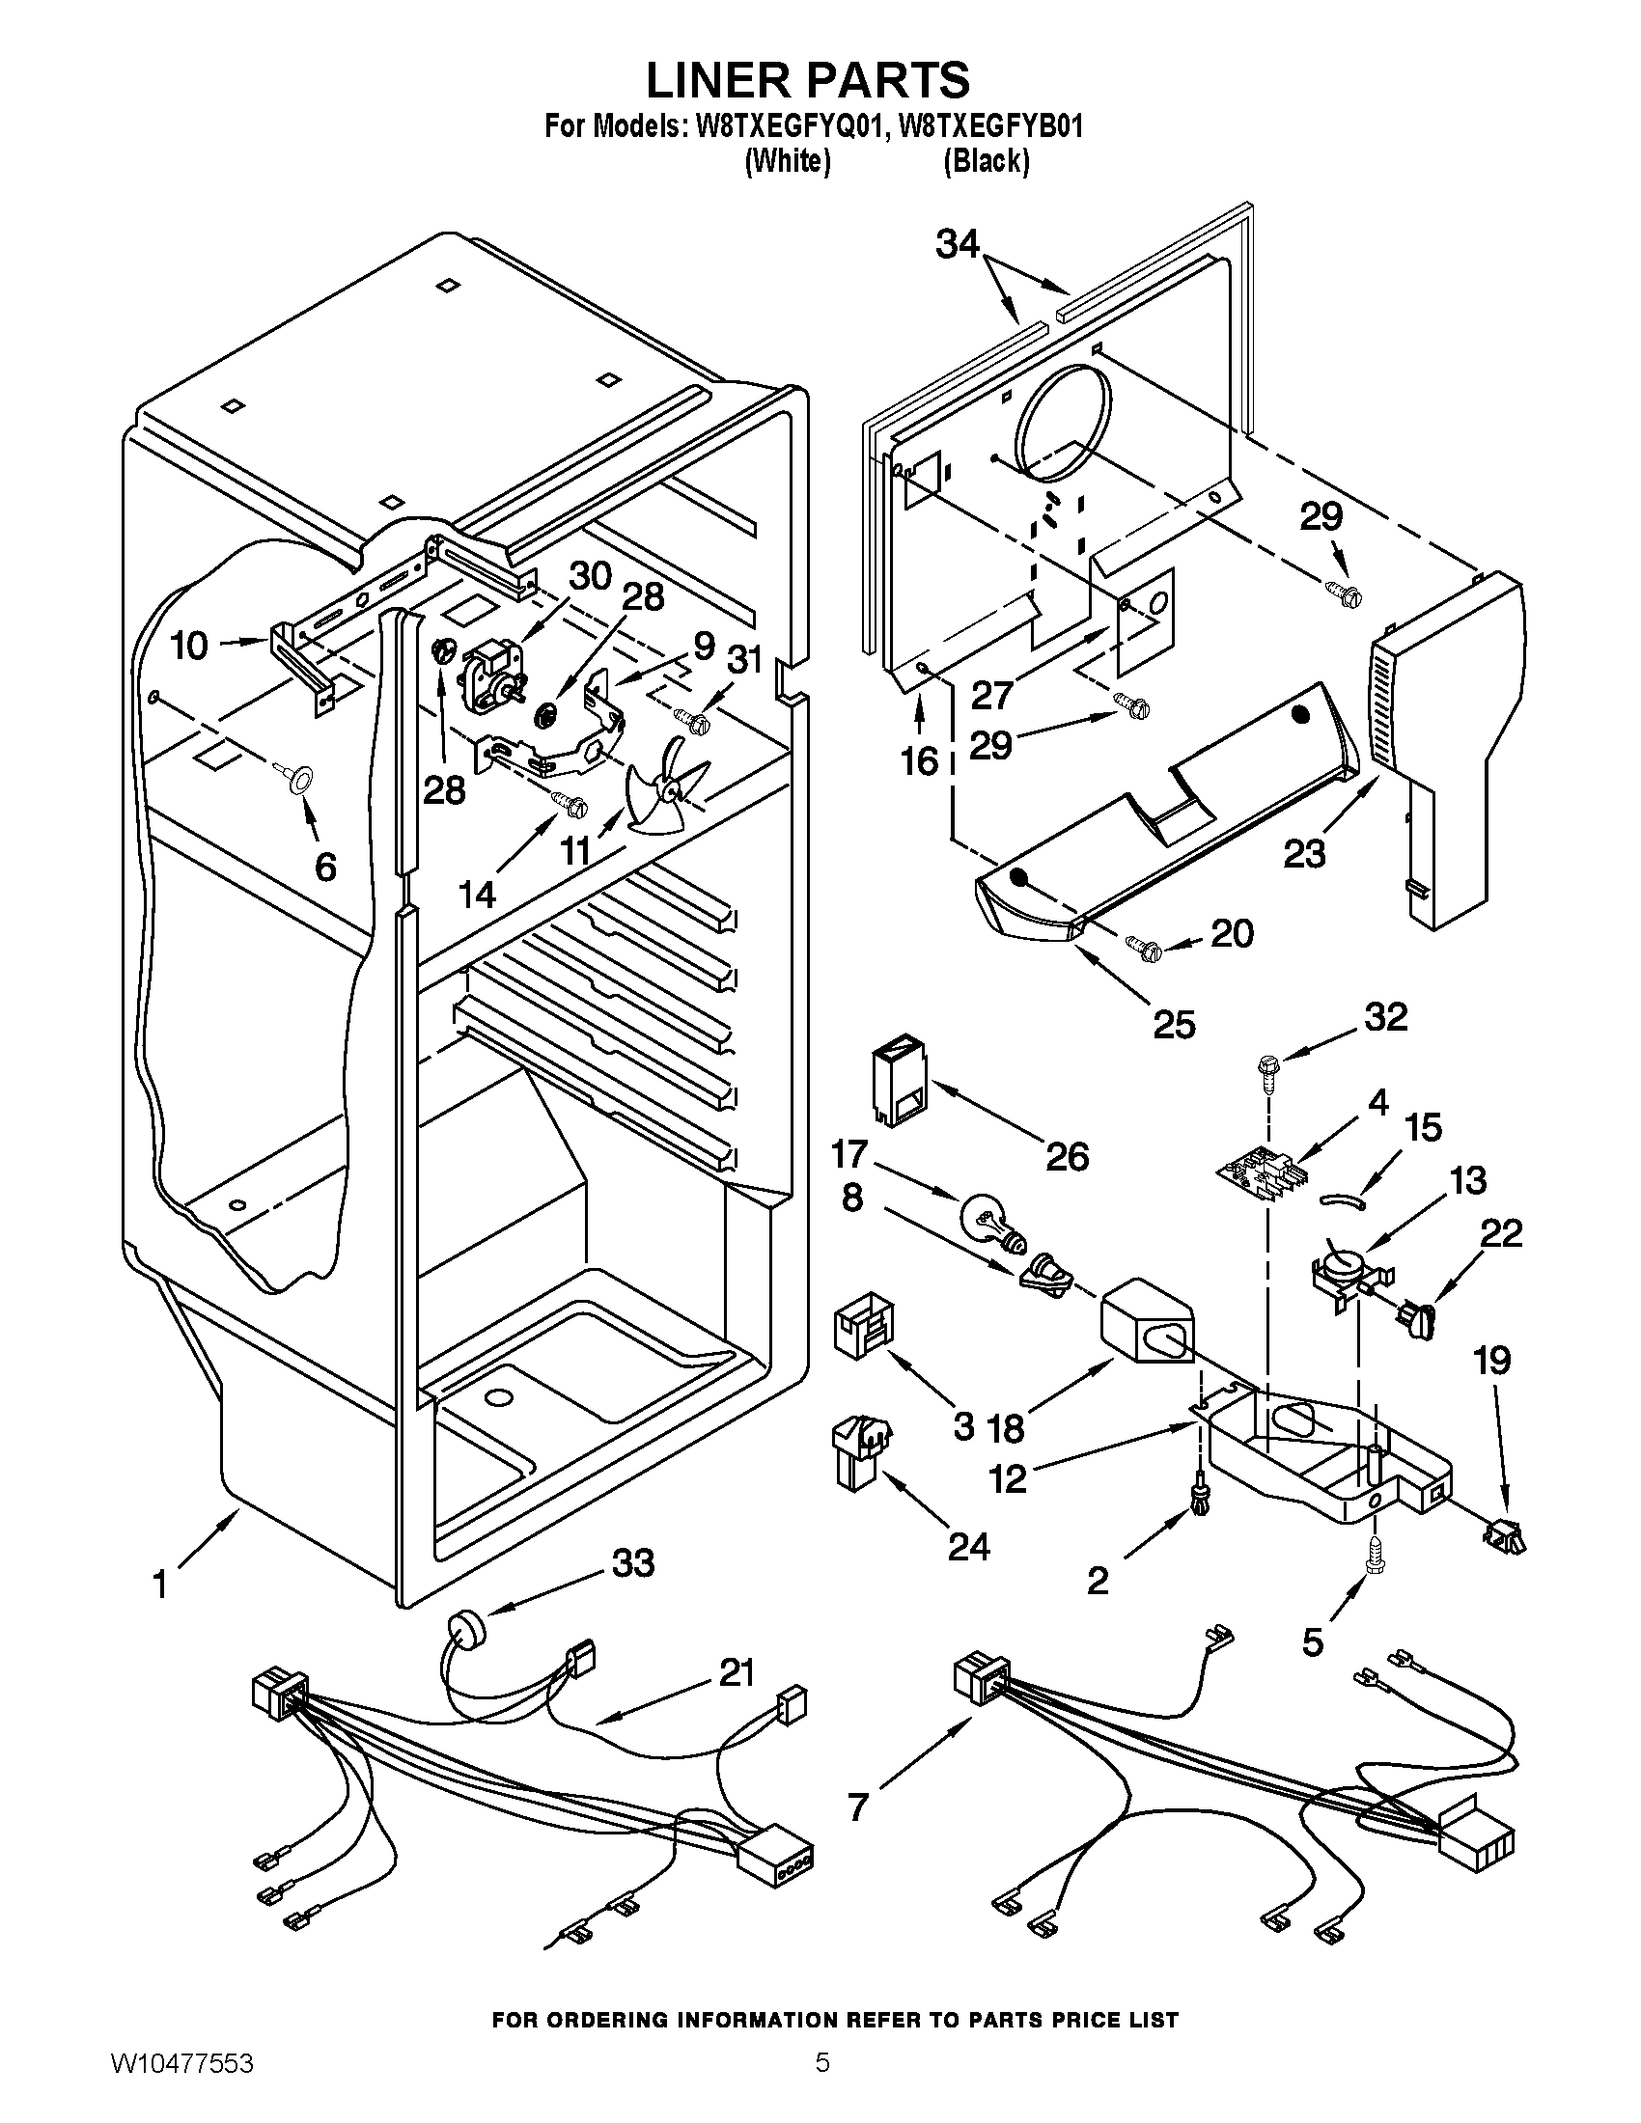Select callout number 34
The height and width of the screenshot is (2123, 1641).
pyautogui.click(x=958, y=244)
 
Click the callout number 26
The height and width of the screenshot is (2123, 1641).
pyautogui.click(x=1067, y=1157)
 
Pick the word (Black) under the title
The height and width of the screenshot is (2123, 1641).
pyautogui.click(x=986, y=161)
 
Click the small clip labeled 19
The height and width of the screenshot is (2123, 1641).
pyautogui.click(x=1503, y=1537)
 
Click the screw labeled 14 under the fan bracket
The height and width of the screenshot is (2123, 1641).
pyautogui.click(x=570, y=803)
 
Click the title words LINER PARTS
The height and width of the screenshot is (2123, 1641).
pyautogui.click(x=808, y=80)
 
